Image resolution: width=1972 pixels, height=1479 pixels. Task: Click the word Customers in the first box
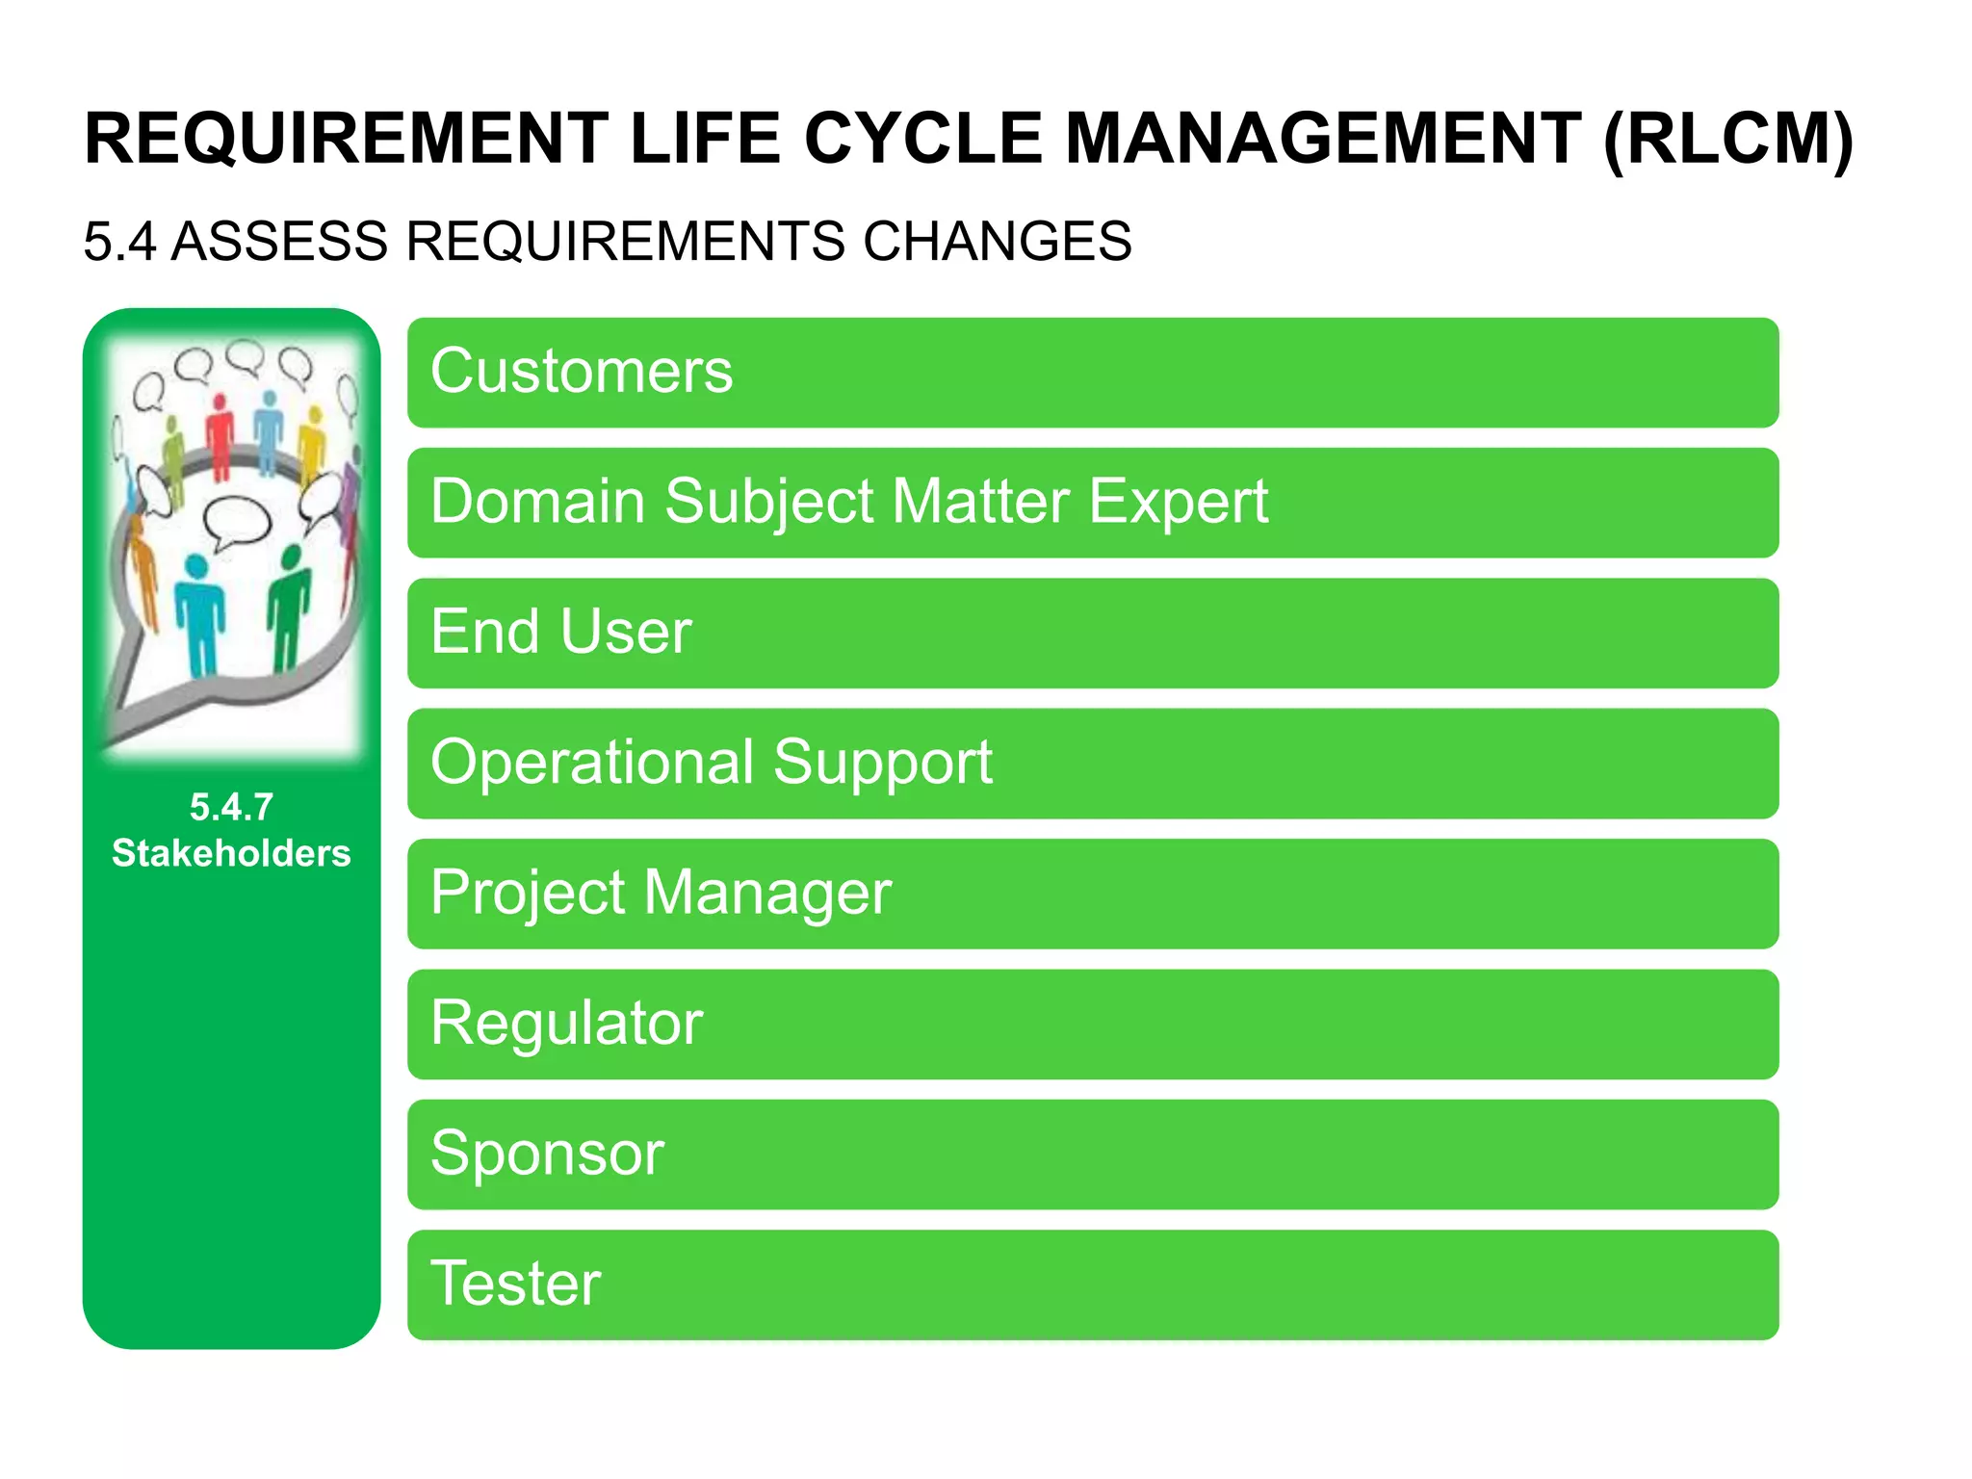tap(581, 372)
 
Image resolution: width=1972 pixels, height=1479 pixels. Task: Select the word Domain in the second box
tap(537, 502)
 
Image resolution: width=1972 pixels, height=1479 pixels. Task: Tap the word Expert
tap(1178, 502)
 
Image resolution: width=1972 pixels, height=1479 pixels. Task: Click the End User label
tap(560, 632)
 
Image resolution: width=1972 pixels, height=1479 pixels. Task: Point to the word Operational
tap(592, 763)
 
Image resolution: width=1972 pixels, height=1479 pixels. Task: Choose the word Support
tap(882, 763)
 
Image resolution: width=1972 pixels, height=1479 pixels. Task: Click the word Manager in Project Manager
tap(767, 893)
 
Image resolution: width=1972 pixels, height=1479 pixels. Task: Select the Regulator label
tap(566, 1023)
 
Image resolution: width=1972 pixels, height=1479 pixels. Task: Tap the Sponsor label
tap(547, 1153)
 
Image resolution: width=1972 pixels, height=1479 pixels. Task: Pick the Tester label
tap(515, 1284)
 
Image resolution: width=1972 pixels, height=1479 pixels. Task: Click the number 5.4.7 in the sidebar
tap(231, 807)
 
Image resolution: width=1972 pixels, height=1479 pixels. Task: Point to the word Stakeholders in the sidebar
tap(231, 853)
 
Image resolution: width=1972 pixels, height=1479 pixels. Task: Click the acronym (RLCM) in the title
tap(1727, 140)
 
